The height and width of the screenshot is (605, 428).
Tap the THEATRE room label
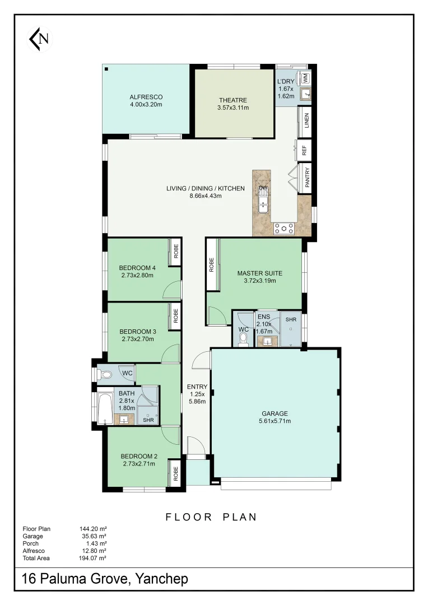pyautogui.click(x=233, y=101)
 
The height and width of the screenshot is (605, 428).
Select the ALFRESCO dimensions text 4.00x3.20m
pyautogui.click(x=146, y=105)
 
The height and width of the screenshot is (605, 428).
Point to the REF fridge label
pyautogui.click(x=305, y=151)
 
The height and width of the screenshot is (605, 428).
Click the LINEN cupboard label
pyautogui.click(x=306, y=120)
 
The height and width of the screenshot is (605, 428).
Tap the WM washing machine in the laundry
pyautogui.click(x=306, y=78)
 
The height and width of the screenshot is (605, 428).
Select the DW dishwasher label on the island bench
pyautogui.click(x=263, y=188)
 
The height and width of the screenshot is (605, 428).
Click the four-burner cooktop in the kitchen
pyautogui.click(x=284, y=228)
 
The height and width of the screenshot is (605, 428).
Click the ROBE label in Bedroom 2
pyautogui.click(x=175, y=474)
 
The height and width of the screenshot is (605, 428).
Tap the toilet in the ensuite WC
pyautogui.click(x=243, y=341)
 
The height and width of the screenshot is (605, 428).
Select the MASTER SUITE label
pyautogui.click(x=259, y=273)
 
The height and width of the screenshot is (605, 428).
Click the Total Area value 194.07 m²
pyautogui.click(x=94, y=558)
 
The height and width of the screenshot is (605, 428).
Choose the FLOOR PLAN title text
pyautogui.click(x=211, y=517)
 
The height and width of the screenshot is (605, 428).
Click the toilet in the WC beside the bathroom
pyautogui.click(x=107, y=373)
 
